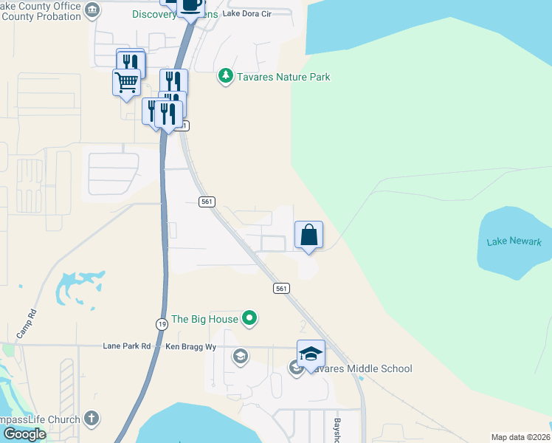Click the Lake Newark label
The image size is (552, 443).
coord(514,242)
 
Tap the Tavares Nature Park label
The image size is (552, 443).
coord(283,77)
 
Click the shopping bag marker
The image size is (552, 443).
coord(309,236)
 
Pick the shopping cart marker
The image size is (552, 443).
coord(126,82)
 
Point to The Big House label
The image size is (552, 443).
coord(204,320)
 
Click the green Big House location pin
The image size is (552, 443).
coord(250,319)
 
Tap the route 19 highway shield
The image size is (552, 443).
coord(162,324)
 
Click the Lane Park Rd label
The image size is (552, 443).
coord(126,346)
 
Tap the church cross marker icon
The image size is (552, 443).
coord(92,419)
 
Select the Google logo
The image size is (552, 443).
coord(24,434)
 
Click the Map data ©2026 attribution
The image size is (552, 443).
coord(521,437)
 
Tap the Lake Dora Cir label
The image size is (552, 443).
coord(246,14)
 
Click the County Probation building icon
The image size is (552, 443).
coord(92,10)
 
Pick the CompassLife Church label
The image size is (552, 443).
coord(40,419)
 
